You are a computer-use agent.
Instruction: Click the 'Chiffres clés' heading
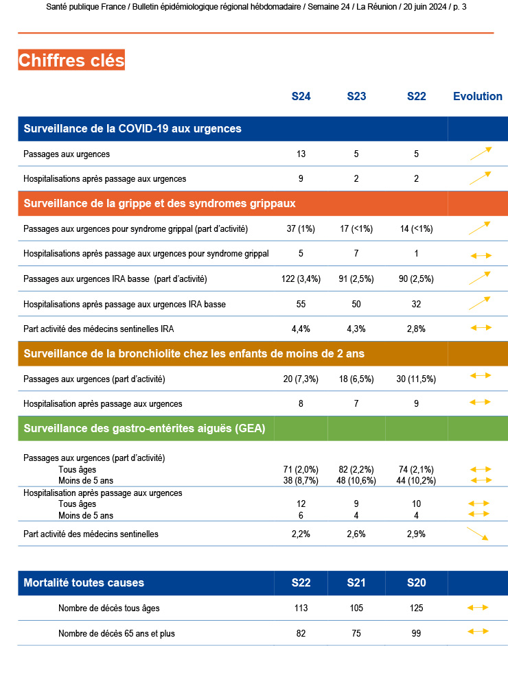tap(71, 60)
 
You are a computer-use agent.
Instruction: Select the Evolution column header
tap(478, 96)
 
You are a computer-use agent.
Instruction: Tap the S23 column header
tap(356, 96)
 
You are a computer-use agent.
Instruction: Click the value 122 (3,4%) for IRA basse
tap(301, 279)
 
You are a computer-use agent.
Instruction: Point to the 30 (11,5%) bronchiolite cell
tap(416, 379)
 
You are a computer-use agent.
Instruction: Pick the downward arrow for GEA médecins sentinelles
tap(477, 534)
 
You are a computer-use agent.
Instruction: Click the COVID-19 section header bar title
tap(132, 128)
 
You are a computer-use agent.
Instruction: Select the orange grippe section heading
tap(159, 203)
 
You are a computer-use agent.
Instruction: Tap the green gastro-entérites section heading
tap(144, 429)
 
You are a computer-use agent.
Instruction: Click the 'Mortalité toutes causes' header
tap(84, 582)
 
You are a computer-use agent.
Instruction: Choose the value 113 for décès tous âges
tap(301, 608)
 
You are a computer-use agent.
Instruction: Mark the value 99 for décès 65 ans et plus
tap(416, 633)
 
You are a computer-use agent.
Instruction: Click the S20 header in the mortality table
tap(416, 582)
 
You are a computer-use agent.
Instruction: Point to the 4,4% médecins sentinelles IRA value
tap(301, 329)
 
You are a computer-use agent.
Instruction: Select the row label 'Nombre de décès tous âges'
tap(109, 608)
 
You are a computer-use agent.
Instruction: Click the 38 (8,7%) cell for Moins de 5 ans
tap(301, 481)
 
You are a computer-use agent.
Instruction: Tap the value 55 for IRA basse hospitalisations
tap(301, 303)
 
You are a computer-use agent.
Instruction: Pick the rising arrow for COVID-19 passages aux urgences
tap(481, 153)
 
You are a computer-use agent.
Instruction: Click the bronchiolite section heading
tap(194, 353)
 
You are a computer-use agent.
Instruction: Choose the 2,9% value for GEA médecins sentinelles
tap(416, 534)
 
